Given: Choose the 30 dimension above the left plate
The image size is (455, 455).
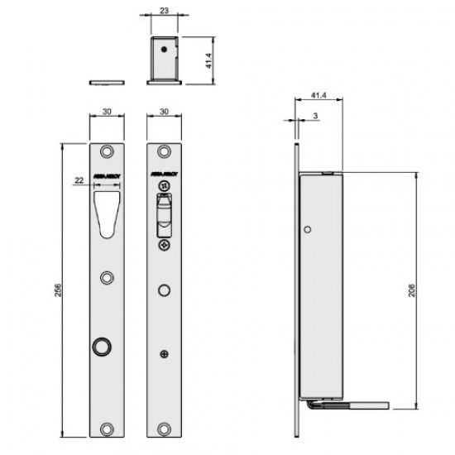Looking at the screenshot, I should pos(108,110).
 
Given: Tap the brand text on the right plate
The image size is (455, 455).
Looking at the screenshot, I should pos(164,175).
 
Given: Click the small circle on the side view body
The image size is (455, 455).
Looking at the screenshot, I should pos(308,229).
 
